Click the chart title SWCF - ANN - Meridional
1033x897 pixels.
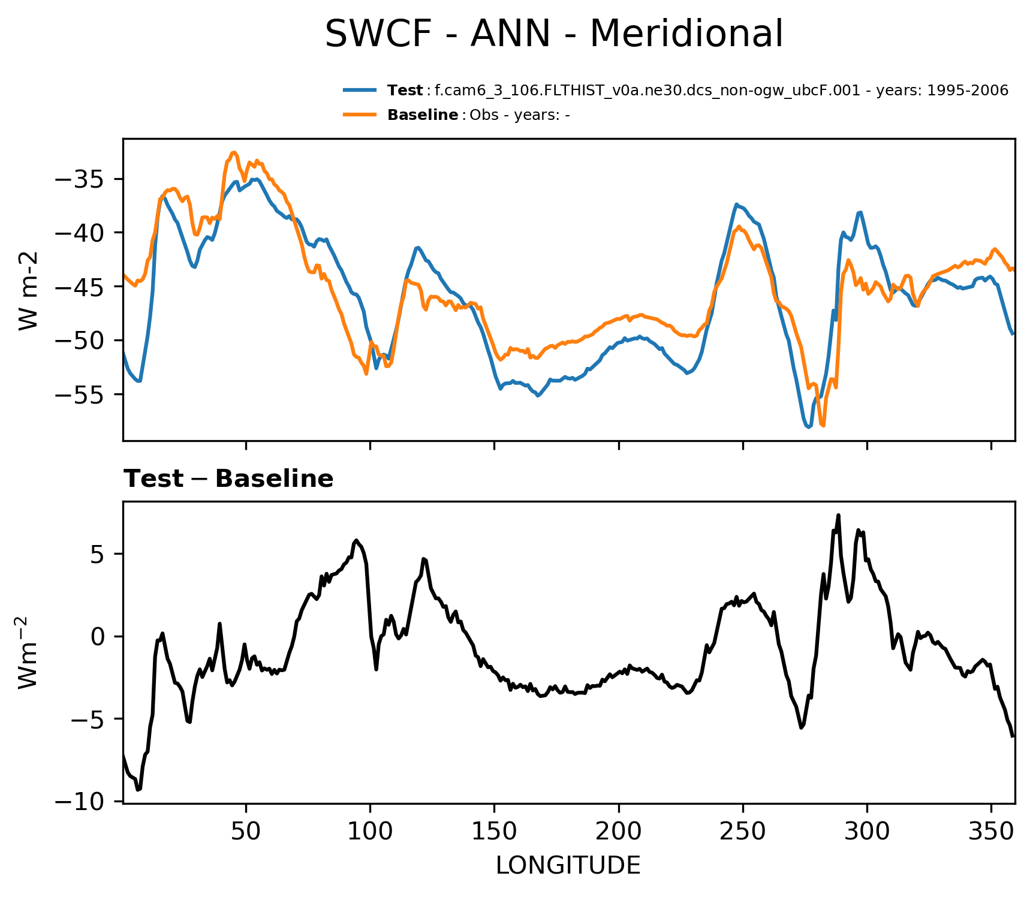(553, 34)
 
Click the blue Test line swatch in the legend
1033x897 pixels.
(360, 91)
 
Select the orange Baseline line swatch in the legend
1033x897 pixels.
(360, 115)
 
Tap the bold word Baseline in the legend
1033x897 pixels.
(423, 115)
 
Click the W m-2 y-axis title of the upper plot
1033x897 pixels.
(29, 290)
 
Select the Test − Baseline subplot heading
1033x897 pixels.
(228, 479)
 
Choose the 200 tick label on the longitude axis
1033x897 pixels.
(618, 831)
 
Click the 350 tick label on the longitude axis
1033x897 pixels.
(991, 831)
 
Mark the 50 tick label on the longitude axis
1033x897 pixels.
(246, 831)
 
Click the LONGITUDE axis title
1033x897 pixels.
(568, 866)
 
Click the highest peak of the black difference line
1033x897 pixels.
(838, 515)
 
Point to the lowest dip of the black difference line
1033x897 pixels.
(138, 790)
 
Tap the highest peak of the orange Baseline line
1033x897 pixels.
(234, 152)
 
